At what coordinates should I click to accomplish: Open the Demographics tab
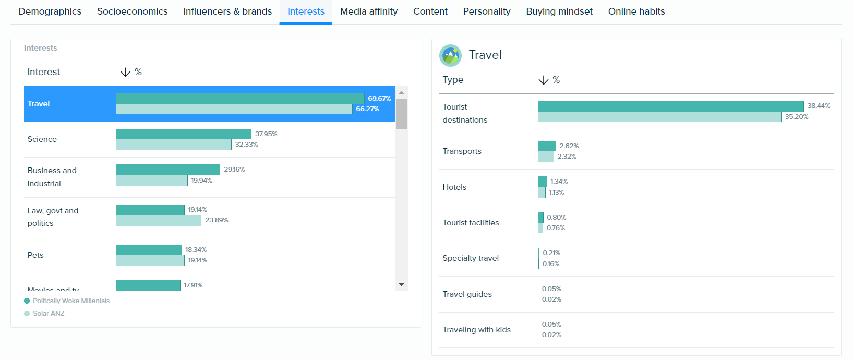50,11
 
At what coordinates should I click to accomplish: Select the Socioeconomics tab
132,11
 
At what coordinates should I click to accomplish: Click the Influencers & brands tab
227,11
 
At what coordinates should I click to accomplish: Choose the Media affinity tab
368,11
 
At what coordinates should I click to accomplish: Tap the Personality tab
486,11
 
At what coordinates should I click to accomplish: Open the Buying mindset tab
559,11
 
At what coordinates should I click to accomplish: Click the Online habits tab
636,11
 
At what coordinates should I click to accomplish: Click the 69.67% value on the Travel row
379,99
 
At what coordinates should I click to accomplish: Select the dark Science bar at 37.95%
184,134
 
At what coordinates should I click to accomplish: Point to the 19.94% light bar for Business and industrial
152,181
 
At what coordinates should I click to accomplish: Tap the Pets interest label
35,255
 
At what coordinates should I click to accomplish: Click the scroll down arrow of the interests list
401,284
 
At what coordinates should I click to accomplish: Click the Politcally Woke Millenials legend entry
71,301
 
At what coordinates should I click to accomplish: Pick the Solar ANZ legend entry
48,314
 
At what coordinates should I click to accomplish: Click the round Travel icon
450,55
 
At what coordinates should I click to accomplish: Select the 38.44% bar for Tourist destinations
670,106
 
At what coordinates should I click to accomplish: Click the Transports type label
462,151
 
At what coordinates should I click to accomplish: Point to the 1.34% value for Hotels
559,182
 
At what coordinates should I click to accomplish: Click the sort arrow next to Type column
543,80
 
